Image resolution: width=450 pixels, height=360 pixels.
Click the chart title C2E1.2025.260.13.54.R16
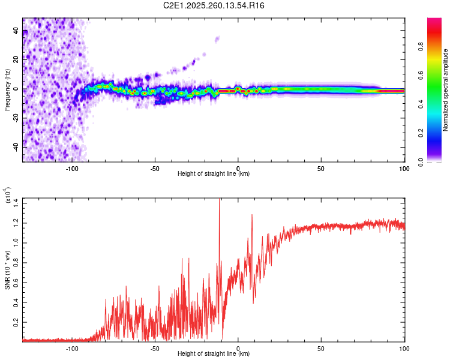point(214,5)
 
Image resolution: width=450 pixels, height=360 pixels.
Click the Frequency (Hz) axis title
point(7,90)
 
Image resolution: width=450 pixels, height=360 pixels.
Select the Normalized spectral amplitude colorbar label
point(445,90)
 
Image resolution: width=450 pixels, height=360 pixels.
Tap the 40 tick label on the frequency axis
point(16,30)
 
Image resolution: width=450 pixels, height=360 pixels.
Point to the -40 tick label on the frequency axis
point(16,147)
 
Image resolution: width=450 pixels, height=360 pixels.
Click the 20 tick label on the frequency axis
point(16,59)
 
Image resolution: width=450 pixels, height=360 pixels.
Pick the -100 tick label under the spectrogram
point(72,169)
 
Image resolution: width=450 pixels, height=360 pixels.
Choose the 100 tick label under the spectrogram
point(404,169)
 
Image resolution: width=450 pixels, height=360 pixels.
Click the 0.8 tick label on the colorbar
point(421,47)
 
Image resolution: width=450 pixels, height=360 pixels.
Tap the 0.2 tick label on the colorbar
point(421,133)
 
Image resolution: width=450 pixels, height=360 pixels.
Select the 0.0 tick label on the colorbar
point(421,162)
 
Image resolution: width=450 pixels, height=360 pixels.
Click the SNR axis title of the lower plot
point(7,270)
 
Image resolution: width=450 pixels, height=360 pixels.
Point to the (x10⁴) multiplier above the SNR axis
point(8,195)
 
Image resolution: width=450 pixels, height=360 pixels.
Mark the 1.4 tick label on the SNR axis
point(16,203)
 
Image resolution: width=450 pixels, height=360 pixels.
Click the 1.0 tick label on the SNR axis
point(16,243)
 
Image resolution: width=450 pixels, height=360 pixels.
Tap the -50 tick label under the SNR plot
point(155,349)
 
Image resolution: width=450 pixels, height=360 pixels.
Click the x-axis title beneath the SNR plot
point(214,353)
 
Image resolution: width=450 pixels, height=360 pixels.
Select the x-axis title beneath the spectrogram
point(214,173)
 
